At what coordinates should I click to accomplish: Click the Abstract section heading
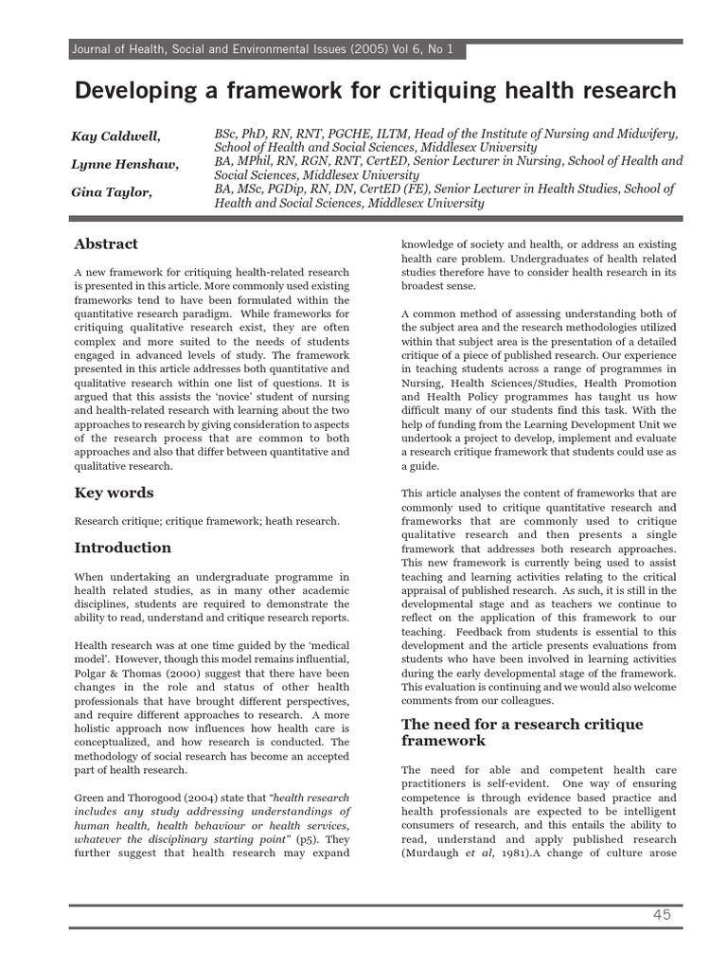106,244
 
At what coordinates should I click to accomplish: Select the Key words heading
114,493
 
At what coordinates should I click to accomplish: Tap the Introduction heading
123,548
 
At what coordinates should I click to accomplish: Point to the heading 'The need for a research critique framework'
522,732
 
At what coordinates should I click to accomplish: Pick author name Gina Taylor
110,192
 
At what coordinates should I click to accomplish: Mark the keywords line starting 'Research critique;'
206,521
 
